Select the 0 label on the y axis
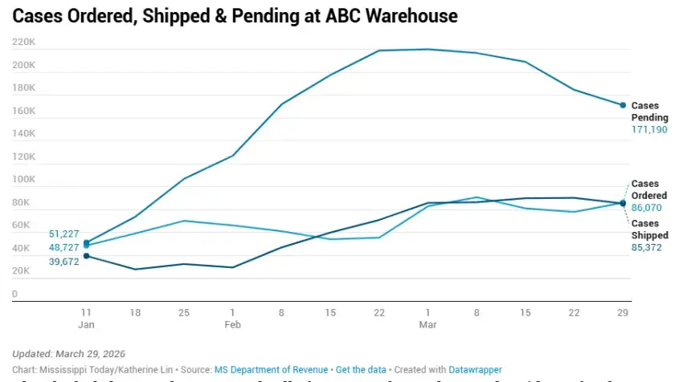14,295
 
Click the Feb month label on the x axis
232,324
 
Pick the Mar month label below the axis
427,324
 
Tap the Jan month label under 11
85,324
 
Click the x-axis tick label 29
623,311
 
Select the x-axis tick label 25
183,311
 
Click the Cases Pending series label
649,112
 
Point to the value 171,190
649,129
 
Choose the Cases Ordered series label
649,190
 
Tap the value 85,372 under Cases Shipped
649,247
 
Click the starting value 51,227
64,234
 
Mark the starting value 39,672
64,262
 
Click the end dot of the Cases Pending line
623,105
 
